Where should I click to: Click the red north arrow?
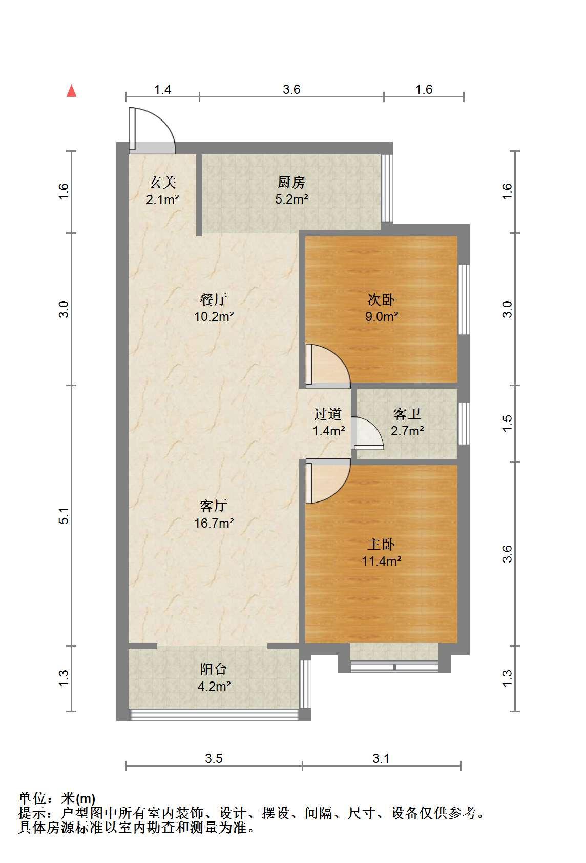tap(72, 91)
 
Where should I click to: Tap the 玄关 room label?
tap(163, 182)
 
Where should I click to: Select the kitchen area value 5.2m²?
tap(291, 199)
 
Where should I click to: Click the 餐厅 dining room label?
tap(214, 299)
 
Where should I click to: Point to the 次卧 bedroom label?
tap(381, 299)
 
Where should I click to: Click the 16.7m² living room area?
tap(214, 523)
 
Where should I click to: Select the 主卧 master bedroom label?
tap(381, 544)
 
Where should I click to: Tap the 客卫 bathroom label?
tap(407, 414)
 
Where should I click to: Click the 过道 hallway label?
tap(328, 414)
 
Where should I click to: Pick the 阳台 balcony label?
tap(214, 669)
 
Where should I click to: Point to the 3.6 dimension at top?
tap(291, 89)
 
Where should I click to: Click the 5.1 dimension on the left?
tap(64, 516)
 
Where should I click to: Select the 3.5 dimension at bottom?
tap(214, 758)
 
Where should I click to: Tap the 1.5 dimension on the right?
tap(508, 423)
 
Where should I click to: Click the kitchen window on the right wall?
tap(387, 188)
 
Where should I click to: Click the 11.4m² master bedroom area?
tap(381, 561)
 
